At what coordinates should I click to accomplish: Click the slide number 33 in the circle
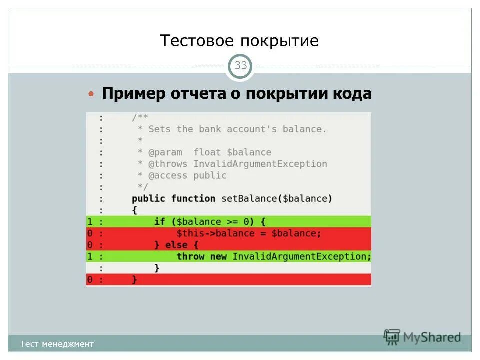click(x=241, y=66)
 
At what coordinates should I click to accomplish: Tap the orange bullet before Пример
click(x=91, y=94)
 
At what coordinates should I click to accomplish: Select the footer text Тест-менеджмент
click(x=57, y=344)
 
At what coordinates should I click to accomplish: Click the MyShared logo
click(x=423, y=337)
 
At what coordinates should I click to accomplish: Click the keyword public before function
click(x=148, y=198)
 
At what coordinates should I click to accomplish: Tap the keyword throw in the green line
click(x=190, y=256)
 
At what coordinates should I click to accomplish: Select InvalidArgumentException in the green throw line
click(x=301, y=256)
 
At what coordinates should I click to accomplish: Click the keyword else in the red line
click(x=176, y=245)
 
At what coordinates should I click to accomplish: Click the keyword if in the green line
click(x=159, y=221)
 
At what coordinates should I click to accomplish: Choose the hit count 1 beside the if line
click(x=90, y=221)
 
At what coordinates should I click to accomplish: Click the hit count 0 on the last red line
click(x=90, y=280)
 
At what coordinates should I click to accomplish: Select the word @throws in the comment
click(x=168, y=164)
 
